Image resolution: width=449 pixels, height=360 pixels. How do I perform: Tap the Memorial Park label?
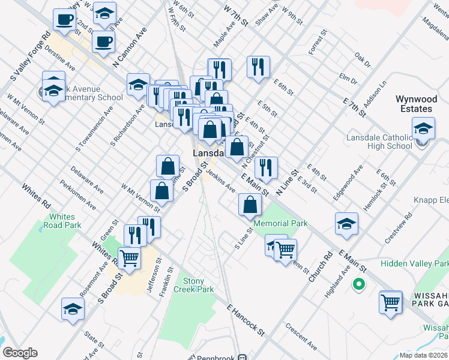pyautogui.click(x=280, y=223)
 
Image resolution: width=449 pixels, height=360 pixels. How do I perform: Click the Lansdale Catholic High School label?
pyautogui.click(x=379, y=142)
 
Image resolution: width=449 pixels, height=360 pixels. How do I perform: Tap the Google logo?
pyautogui.click(x=20, y=353)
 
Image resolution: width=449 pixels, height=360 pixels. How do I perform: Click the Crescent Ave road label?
pyautogui.click(x=301, y=337)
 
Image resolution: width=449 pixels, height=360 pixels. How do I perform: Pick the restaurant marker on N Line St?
pyautogui.click(x=266, y=167)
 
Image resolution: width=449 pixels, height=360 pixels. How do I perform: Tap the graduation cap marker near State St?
pyautogui.click(x=73, y=309)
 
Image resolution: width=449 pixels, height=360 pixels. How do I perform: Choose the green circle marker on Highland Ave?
pyautogui.click(x=359, y=284)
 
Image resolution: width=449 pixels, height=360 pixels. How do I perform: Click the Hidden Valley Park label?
pyautogui.click(x=414, y=263)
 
